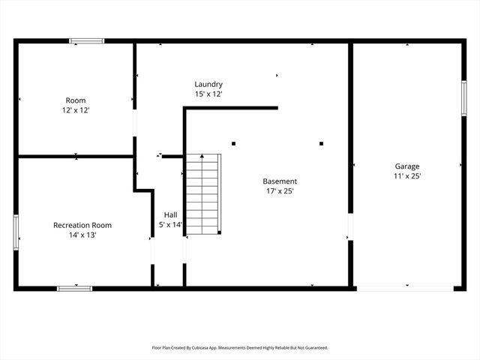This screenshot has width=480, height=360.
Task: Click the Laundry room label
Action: point(208,84)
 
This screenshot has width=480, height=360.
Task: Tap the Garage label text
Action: point(407,166)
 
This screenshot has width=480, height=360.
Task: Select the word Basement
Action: point(280,181)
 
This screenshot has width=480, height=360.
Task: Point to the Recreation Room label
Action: point(82,225)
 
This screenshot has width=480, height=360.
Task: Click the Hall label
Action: point(170,214)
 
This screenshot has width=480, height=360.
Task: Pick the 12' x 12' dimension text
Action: point(76,110)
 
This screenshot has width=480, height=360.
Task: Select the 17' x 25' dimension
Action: point(280,191)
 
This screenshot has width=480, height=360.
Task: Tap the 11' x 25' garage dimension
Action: point(407,176)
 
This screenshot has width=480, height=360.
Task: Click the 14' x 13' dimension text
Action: point(82,235)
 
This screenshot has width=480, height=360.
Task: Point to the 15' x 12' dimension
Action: point(208,94)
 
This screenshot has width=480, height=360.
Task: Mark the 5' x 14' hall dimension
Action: point(171,224)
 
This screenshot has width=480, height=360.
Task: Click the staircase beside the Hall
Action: point(204,194)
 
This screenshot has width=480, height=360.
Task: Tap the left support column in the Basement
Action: point(234,143)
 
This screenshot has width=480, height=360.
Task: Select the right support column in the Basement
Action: point(321,143)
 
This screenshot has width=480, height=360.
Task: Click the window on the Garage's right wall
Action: point(463,98)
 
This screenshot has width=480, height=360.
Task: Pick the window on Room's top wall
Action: point(86,41)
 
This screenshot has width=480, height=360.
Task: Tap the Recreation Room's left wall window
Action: point(16,232)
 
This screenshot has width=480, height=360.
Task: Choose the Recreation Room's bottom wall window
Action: point(75,288)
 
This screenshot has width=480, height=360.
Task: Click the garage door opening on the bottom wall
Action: point(404,288)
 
